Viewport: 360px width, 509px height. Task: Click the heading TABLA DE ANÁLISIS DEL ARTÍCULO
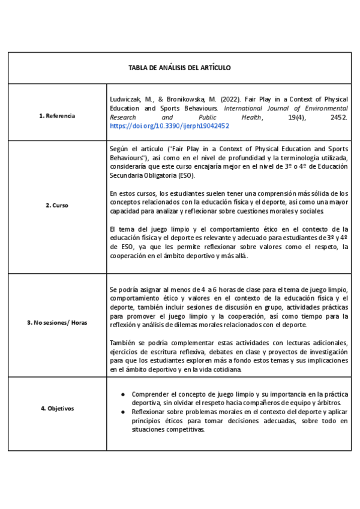(179, 68)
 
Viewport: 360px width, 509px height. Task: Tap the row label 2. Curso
(57, 205)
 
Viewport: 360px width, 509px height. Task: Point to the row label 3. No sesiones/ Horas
(57, 322)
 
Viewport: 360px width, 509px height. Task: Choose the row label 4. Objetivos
(57, 408)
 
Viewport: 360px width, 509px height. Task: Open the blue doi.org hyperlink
(169, 127)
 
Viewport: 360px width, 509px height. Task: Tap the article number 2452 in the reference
(338, 118)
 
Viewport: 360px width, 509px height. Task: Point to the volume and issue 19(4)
(290, 118)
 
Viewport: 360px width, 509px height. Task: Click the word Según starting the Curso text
(119, 148)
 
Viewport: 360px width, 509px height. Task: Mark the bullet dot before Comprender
(124, 394)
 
